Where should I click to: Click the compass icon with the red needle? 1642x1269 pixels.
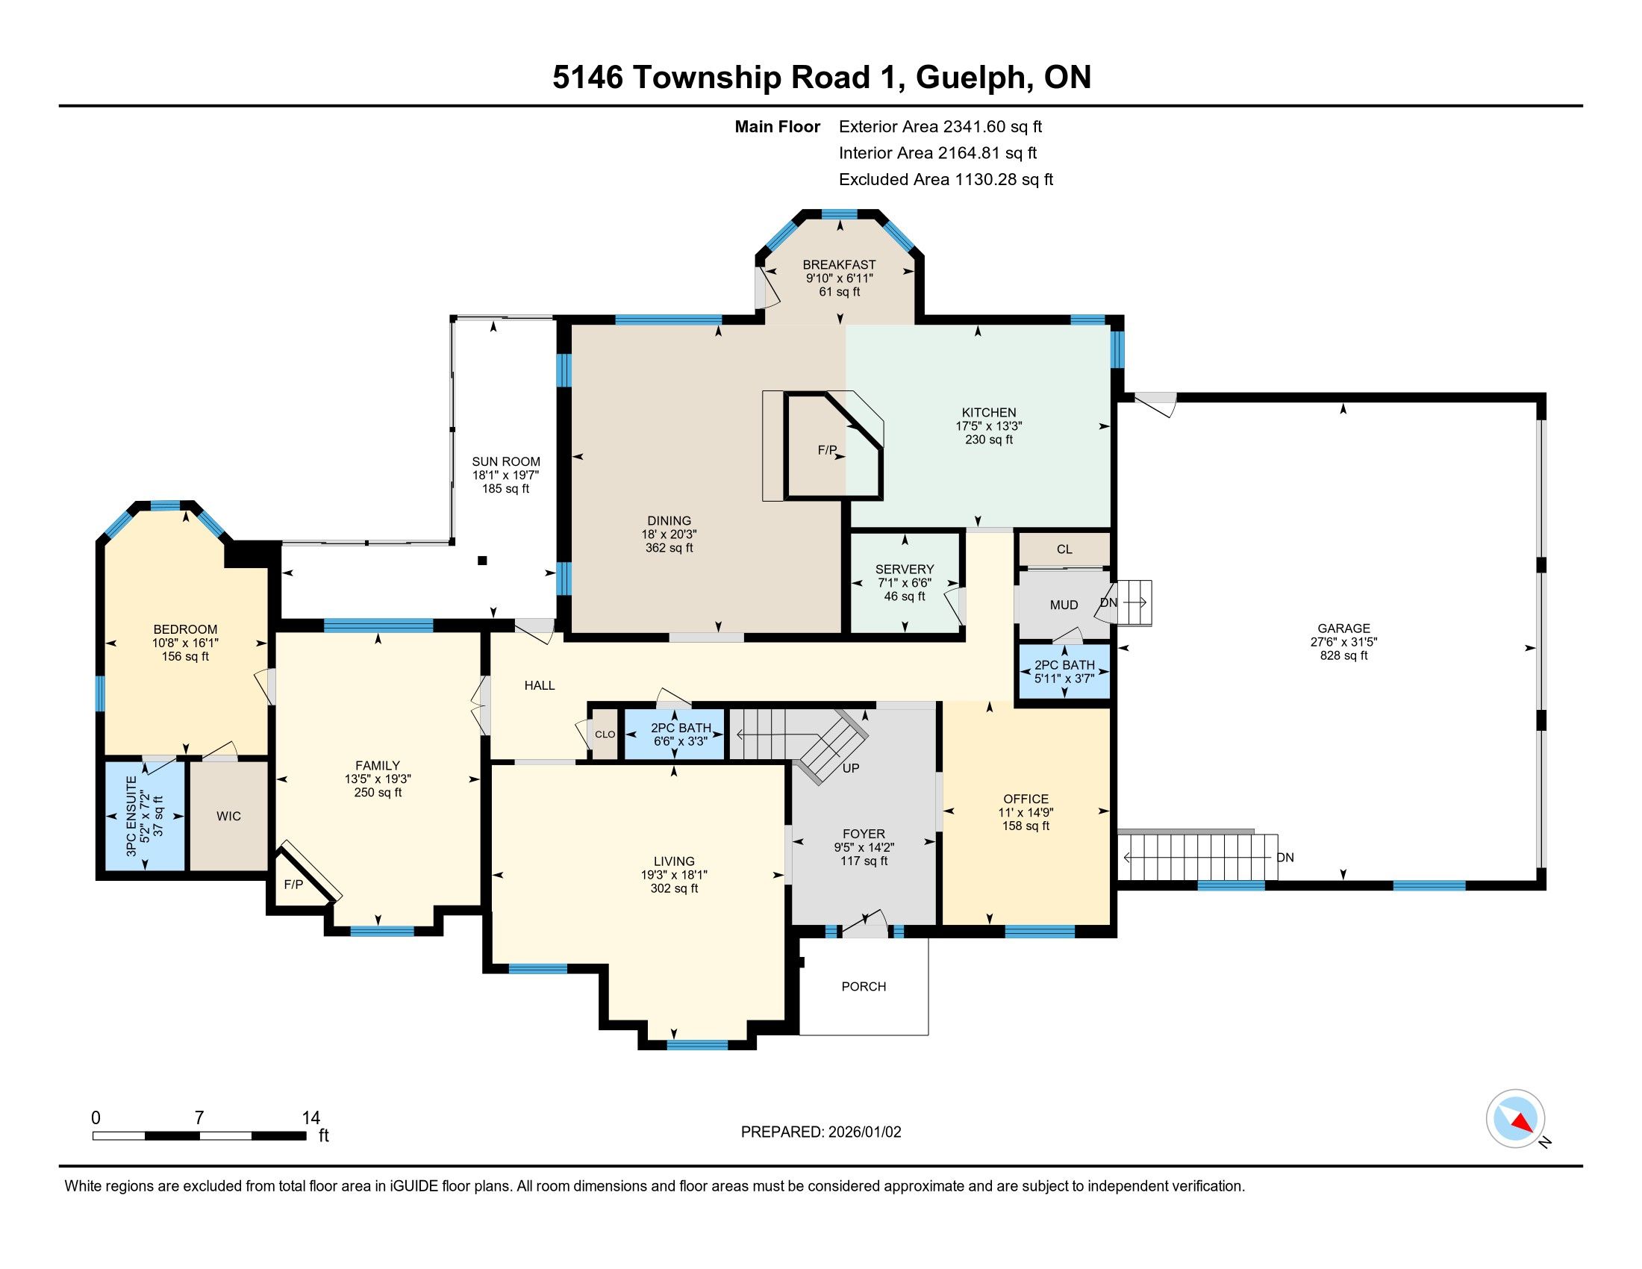tap(1515, 1118)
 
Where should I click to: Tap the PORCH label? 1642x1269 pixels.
tap(864, 986)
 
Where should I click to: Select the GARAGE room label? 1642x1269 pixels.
tap(1343, 629)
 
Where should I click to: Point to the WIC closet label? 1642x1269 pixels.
tap(228, 817)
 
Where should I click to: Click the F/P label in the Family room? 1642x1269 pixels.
tap(293, 885)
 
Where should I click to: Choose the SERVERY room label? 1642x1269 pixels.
tap(905, 570)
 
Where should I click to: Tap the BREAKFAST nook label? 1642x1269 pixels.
tap(839, 265)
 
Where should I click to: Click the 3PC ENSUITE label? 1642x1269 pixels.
tap(131, 817)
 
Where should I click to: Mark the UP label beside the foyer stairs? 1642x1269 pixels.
tap(851, 768)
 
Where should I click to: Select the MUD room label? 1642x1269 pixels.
tap(1064, 605)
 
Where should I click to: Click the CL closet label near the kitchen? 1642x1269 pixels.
tap(1064, 549)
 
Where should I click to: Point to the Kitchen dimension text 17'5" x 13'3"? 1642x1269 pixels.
tap(989, 426)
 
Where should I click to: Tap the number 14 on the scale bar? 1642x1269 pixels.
tap(310, 1118)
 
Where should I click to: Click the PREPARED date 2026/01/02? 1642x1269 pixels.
tap(862, 1132)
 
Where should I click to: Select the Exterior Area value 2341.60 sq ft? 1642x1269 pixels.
tap(993, 127)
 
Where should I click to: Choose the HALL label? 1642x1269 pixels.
tap(540, 685)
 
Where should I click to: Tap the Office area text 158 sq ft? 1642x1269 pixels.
tap(1026, 826)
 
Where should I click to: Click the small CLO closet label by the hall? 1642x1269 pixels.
tap(605, 735)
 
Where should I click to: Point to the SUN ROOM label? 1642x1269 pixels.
tap(506, 461)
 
